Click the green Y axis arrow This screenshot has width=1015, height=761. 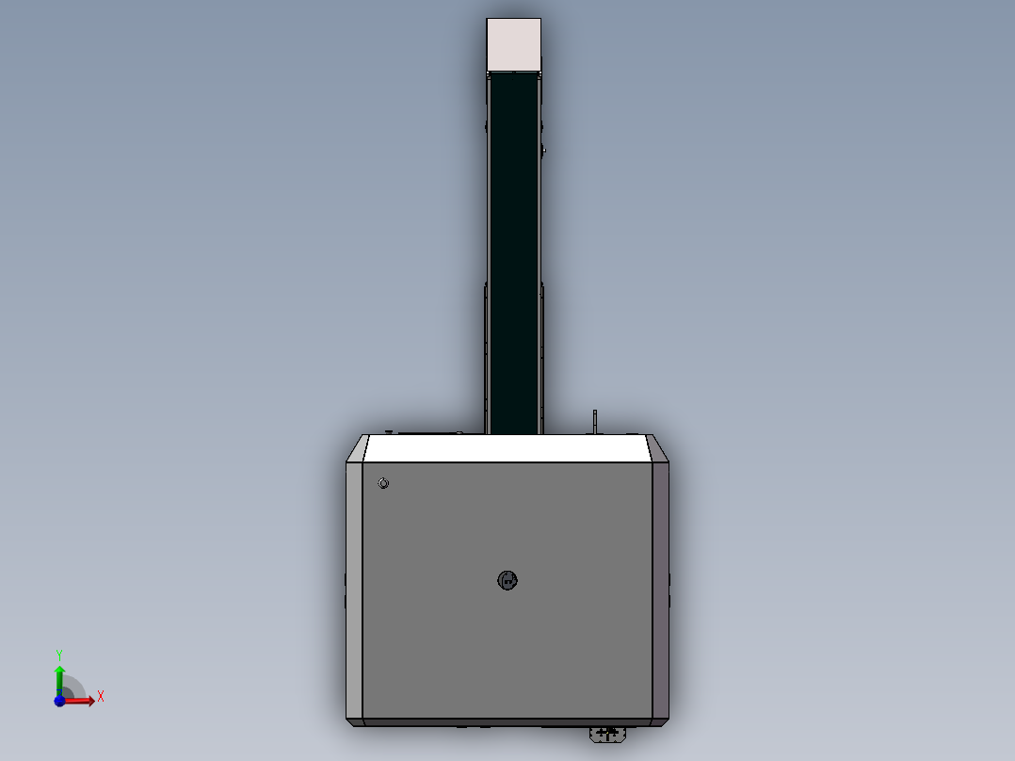click(59, 676)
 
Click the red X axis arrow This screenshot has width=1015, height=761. click(82, 700)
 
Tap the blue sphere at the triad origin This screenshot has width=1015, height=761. click(59, 700)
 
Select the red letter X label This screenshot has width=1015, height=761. click(101, 697)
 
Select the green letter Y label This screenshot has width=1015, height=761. click(59, 654)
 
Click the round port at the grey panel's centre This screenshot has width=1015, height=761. click(507, 580)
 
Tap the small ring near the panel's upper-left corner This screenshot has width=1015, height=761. click(383, 483)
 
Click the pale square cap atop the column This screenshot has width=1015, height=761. click(514, 44)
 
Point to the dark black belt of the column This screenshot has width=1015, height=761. click(514, 254)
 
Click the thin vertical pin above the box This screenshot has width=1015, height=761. click(595, 422)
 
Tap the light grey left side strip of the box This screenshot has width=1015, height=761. click(354, 590)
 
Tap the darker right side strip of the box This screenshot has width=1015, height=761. click(660, 590)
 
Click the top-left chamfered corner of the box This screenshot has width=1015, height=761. click(356, 449)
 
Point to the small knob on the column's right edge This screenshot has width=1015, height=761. click(543, 149)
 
